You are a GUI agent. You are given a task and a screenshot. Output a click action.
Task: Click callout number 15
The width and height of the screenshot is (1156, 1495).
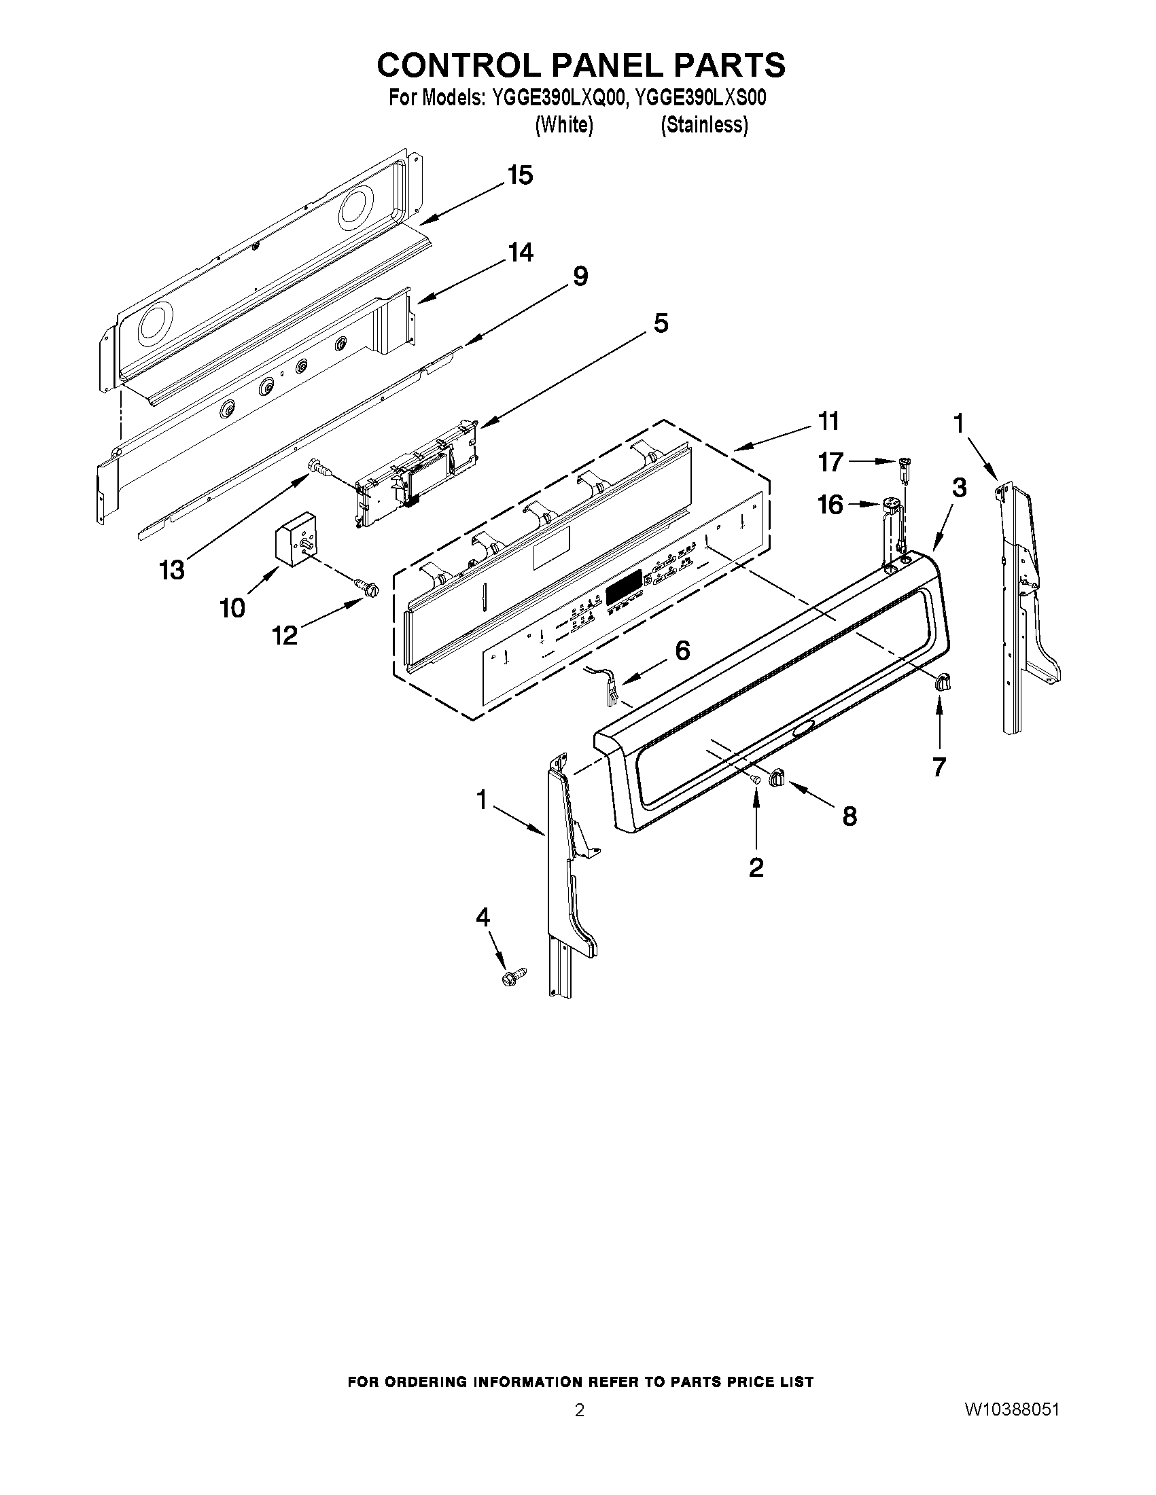click(520, 176)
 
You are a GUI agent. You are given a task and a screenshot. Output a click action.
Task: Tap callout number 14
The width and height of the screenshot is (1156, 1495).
click(520, 253)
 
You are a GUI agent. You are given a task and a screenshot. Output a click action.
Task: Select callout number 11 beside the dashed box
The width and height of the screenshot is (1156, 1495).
click(828, 422)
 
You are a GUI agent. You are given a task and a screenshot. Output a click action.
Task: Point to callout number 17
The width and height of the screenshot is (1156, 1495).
click(830, 463)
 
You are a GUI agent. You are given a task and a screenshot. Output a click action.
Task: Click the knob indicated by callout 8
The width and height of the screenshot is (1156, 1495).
click(778, 777)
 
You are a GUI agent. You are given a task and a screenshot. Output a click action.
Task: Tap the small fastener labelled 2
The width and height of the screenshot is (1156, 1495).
click(755, 779)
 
